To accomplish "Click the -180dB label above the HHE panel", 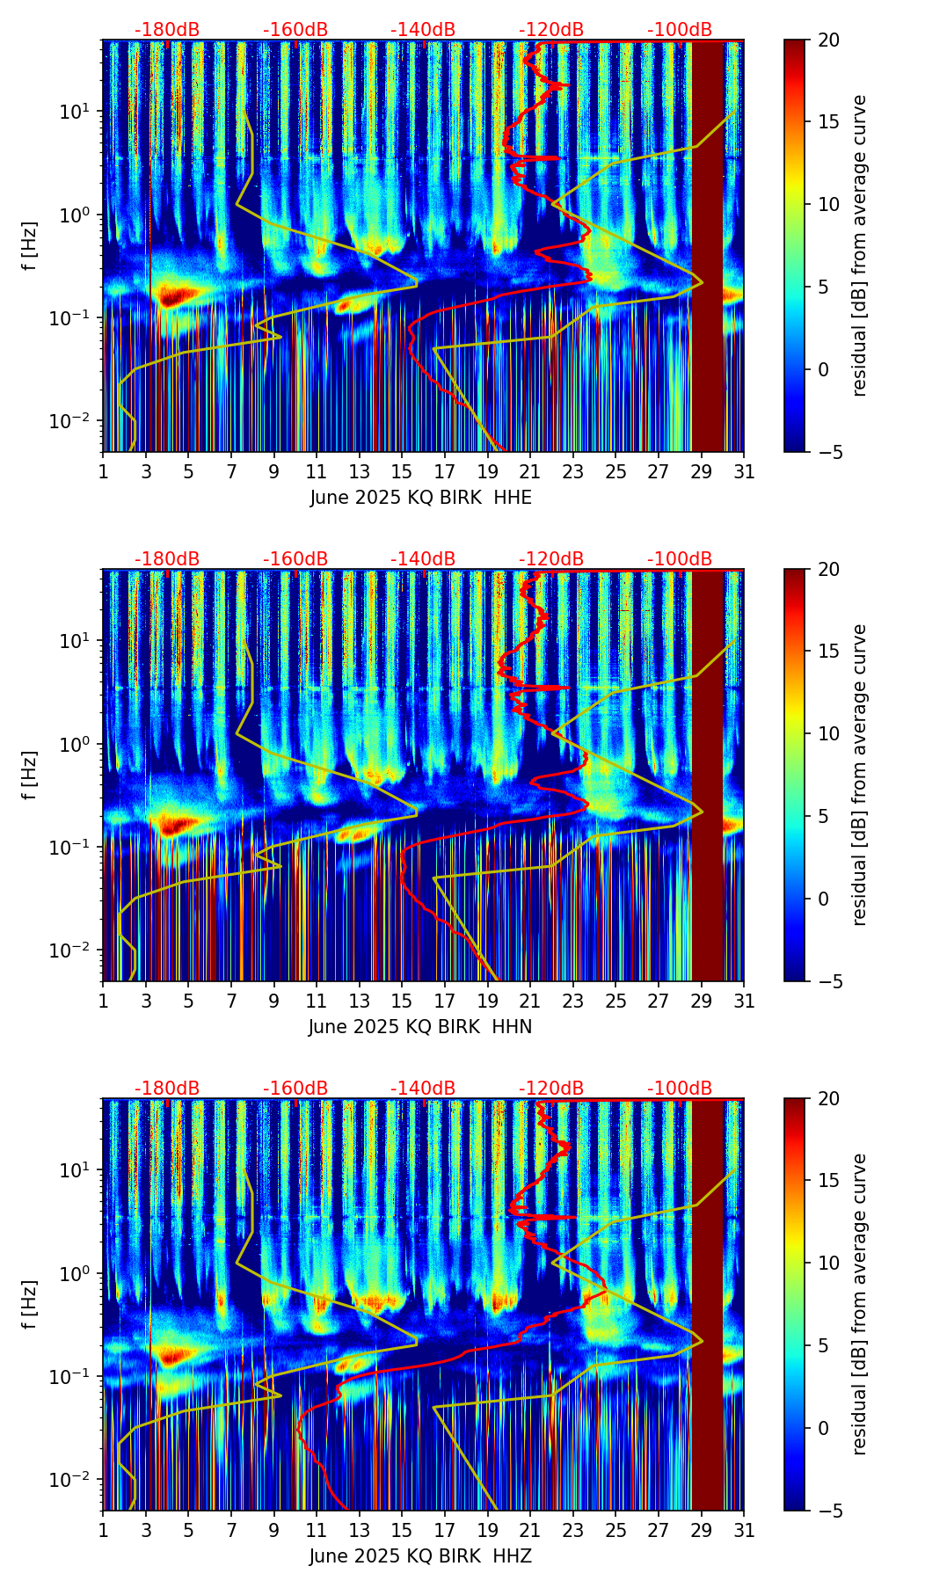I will [x=167, y=30].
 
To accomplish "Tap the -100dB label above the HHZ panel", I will [x=680, y=1089].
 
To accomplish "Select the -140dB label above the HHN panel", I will [x=423, y=559].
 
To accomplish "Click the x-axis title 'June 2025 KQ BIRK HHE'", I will [x=420, y=498].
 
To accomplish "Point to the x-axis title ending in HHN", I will [x=420, y=1027].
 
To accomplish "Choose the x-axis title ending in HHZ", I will [x=420, y=1556].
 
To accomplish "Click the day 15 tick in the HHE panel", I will [x=402, y=471].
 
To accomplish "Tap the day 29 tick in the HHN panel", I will [x=702, y=1001].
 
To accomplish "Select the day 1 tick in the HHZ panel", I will [x=104, y=1530].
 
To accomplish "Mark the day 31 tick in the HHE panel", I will [x=744, y=471].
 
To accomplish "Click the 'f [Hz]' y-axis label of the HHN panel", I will [x=30, y=775].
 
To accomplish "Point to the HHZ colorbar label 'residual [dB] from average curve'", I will [x=859, y=1304].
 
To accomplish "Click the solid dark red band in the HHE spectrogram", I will [x=708, y=246].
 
